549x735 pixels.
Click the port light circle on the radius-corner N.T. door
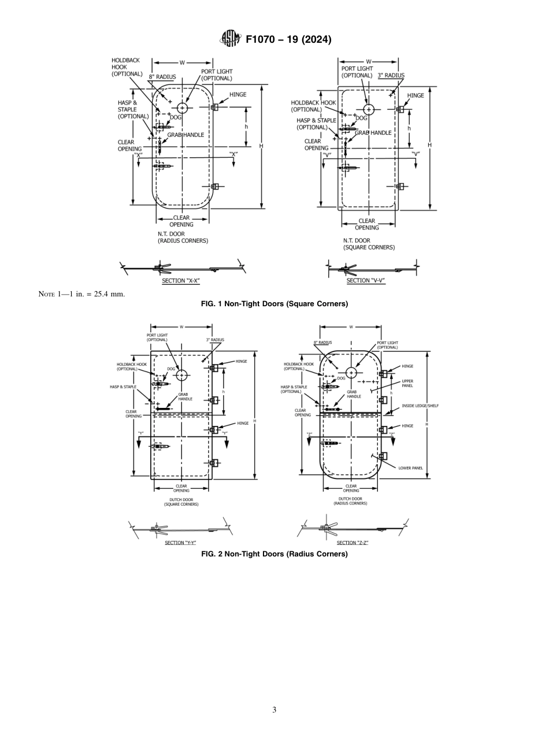(x=183, y=108)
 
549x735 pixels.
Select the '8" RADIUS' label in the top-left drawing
(x=162, y=77)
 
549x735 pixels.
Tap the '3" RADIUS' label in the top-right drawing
(x=391, y=75)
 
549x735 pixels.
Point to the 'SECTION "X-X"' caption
(x=181, y=281)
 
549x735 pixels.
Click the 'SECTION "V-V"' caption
(x=366, y=281)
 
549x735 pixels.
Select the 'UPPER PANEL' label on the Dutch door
(x=407, y=383)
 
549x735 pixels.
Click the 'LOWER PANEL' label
(x=411, y=468)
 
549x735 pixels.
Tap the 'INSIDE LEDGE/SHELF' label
(x=420, y=406)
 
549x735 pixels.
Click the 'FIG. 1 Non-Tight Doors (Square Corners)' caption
(x=274, y=304)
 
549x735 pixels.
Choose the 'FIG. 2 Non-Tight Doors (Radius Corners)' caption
(x=274, y=554)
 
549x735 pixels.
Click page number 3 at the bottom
(x=274, y=710)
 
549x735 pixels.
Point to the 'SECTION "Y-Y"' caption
(x=181, y=543)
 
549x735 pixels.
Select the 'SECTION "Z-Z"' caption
(x=353, y=543)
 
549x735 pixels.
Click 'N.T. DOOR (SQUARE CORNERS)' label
(x=369, y=244)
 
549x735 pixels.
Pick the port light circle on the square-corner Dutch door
(x=182, y=375)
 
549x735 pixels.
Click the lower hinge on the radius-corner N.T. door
(x=214, y=186)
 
